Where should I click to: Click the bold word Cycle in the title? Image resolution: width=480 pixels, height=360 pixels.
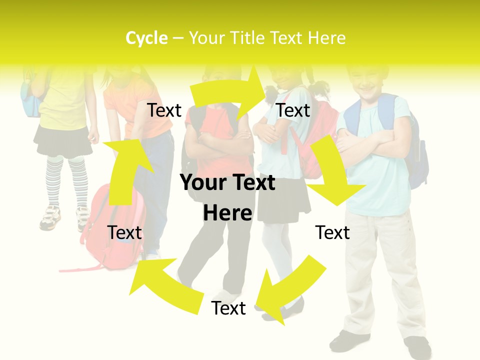pos(146,38)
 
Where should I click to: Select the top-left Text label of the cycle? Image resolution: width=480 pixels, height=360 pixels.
pos(164,110)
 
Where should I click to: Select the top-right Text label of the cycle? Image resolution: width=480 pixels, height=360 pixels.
pos(293,110)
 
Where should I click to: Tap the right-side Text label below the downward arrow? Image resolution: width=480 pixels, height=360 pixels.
pos(332,232)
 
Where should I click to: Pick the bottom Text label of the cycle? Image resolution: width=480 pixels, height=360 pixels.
pos(228,308)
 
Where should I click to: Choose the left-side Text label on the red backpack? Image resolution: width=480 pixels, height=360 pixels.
pos(124,232)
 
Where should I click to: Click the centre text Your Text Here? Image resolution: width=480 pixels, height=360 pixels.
pos(227,197)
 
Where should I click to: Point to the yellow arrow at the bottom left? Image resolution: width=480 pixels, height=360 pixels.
pos(160,285)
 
